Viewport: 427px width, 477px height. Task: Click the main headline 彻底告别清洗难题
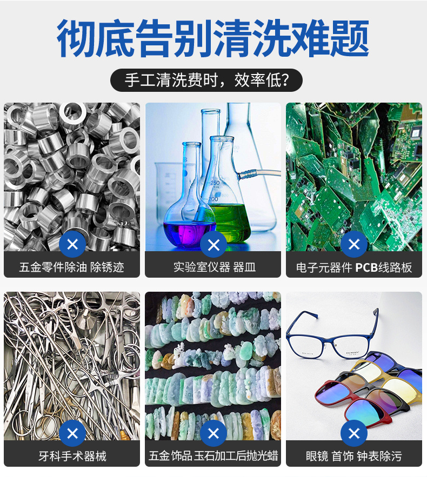(x=213, y=39)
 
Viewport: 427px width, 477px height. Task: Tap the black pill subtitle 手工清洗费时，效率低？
(x=206, y=80)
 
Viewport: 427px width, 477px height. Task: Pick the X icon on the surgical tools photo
(x=72, y=433)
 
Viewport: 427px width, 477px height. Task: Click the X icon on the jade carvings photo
(x=213, y=433)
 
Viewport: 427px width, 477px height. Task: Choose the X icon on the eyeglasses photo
(x=354, y=433)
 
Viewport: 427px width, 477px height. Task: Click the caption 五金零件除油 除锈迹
(x=72, y=267)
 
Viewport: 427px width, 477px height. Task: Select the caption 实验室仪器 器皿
(x=214, y=267)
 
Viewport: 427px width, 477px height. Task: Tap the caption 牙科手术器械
(x=72, y=456)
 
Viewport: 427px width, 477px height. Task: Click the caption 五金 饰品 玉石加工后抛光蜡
(x=213, y=456)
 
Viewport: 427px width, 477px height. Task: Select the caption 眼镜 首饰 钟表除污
(x=354, y=456)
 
